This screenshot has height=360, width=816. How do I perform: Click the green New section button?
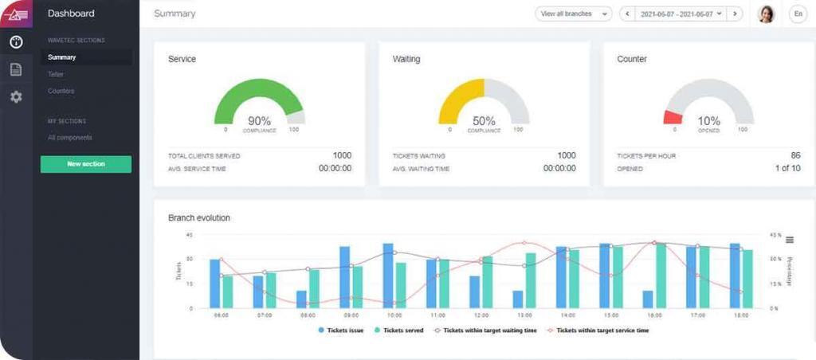(x=86, y=164)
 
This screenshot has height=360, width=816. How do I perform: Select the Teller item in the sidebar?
(x=55, y=74)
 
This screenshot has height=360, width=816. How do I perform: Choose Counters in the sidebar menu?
(x=61, y=91)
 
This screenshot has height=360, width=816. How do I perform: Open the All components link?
(x=69, y=138)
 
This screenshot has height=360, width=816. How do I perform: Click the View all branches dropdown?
(x=573, y=14)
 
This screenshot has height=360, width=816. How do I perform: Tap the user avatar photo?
(x=766, y=14)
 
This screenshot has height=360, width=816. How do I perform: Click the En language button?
(x=797, y=14)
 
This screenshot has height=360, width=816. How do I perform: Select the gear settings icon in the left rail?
(x=16, y=96)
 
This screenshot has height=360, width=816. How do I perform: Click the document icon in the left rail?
(x=16, y=69)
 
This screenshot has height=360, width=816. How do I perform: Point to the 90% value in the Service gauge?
(x=260, y=121)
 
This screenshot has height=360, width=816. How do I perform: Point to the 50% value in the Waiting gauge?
(x=484, y=121)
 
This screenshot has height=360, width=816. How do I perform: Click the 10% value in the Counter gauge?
(x=708, y=121)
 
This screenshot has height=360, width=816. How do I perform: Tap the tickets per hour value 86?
(x=794, y=155)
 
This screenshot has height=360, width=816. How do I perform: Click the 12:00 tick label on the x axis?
(x=481, y=316)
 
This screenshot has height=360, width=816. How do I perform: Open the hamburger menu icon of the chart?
(x=790, y=240)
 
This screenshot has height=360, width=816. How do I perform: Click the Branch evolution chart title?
(x=199, y=217)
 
